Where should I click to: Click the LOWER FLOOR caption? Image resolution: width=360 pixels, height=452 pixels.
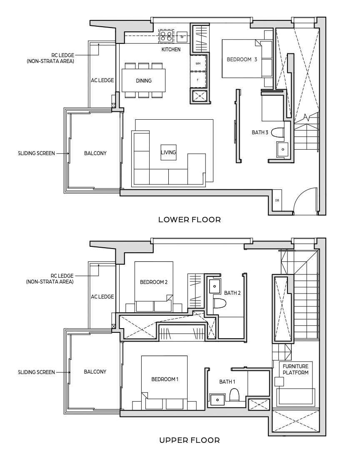tap(190, 220)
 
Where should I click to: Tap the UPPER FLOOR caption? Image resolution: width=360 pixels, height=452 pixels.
tap(190, 440)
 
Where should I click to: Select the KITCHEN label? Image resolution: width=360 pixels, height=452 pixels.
tap(171, 50)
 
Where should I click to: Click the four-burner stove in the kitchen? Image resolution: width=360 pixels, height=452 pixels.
tap(167, 35)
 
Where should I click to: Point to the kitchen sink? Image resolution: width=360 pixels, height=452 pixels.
tap(182, 36)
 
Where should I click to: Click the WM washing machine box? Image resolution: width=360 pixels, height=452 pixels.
tap(198, 63)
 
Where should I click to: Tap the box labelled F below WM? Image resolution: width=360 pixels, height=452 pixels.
tap(198, 80)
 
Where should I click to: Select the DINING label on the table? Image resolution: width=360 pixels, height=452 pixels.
tap(144, 81)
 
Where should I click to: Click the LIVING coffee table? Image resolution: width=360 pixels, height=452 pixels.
tap(168, 152)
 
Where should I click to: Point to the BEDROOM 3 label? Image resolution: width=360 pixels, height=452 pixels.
tap(242, 59)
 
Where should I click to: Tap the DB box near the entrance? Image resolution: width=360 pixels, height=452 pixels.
tap(277, 200)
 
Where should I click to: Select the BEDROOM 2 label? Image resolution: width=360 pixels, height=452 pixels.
tap(153, 282)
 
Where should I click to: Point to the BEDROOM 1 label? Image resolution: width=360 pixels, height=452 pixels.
tap(165, 379)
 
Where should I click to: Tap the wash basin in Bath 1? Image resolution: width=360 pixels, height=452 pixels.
tap(217, 400)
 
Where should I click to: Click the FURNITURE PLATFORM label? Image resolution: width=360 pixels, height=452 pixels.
tap(295, 369)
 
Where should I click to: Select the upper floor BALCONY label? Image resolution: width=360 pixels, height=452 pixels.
tap(95, 372)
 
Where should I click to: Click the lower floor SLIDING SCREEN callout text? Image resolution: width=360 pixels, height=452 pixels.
tap(37, 153)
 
